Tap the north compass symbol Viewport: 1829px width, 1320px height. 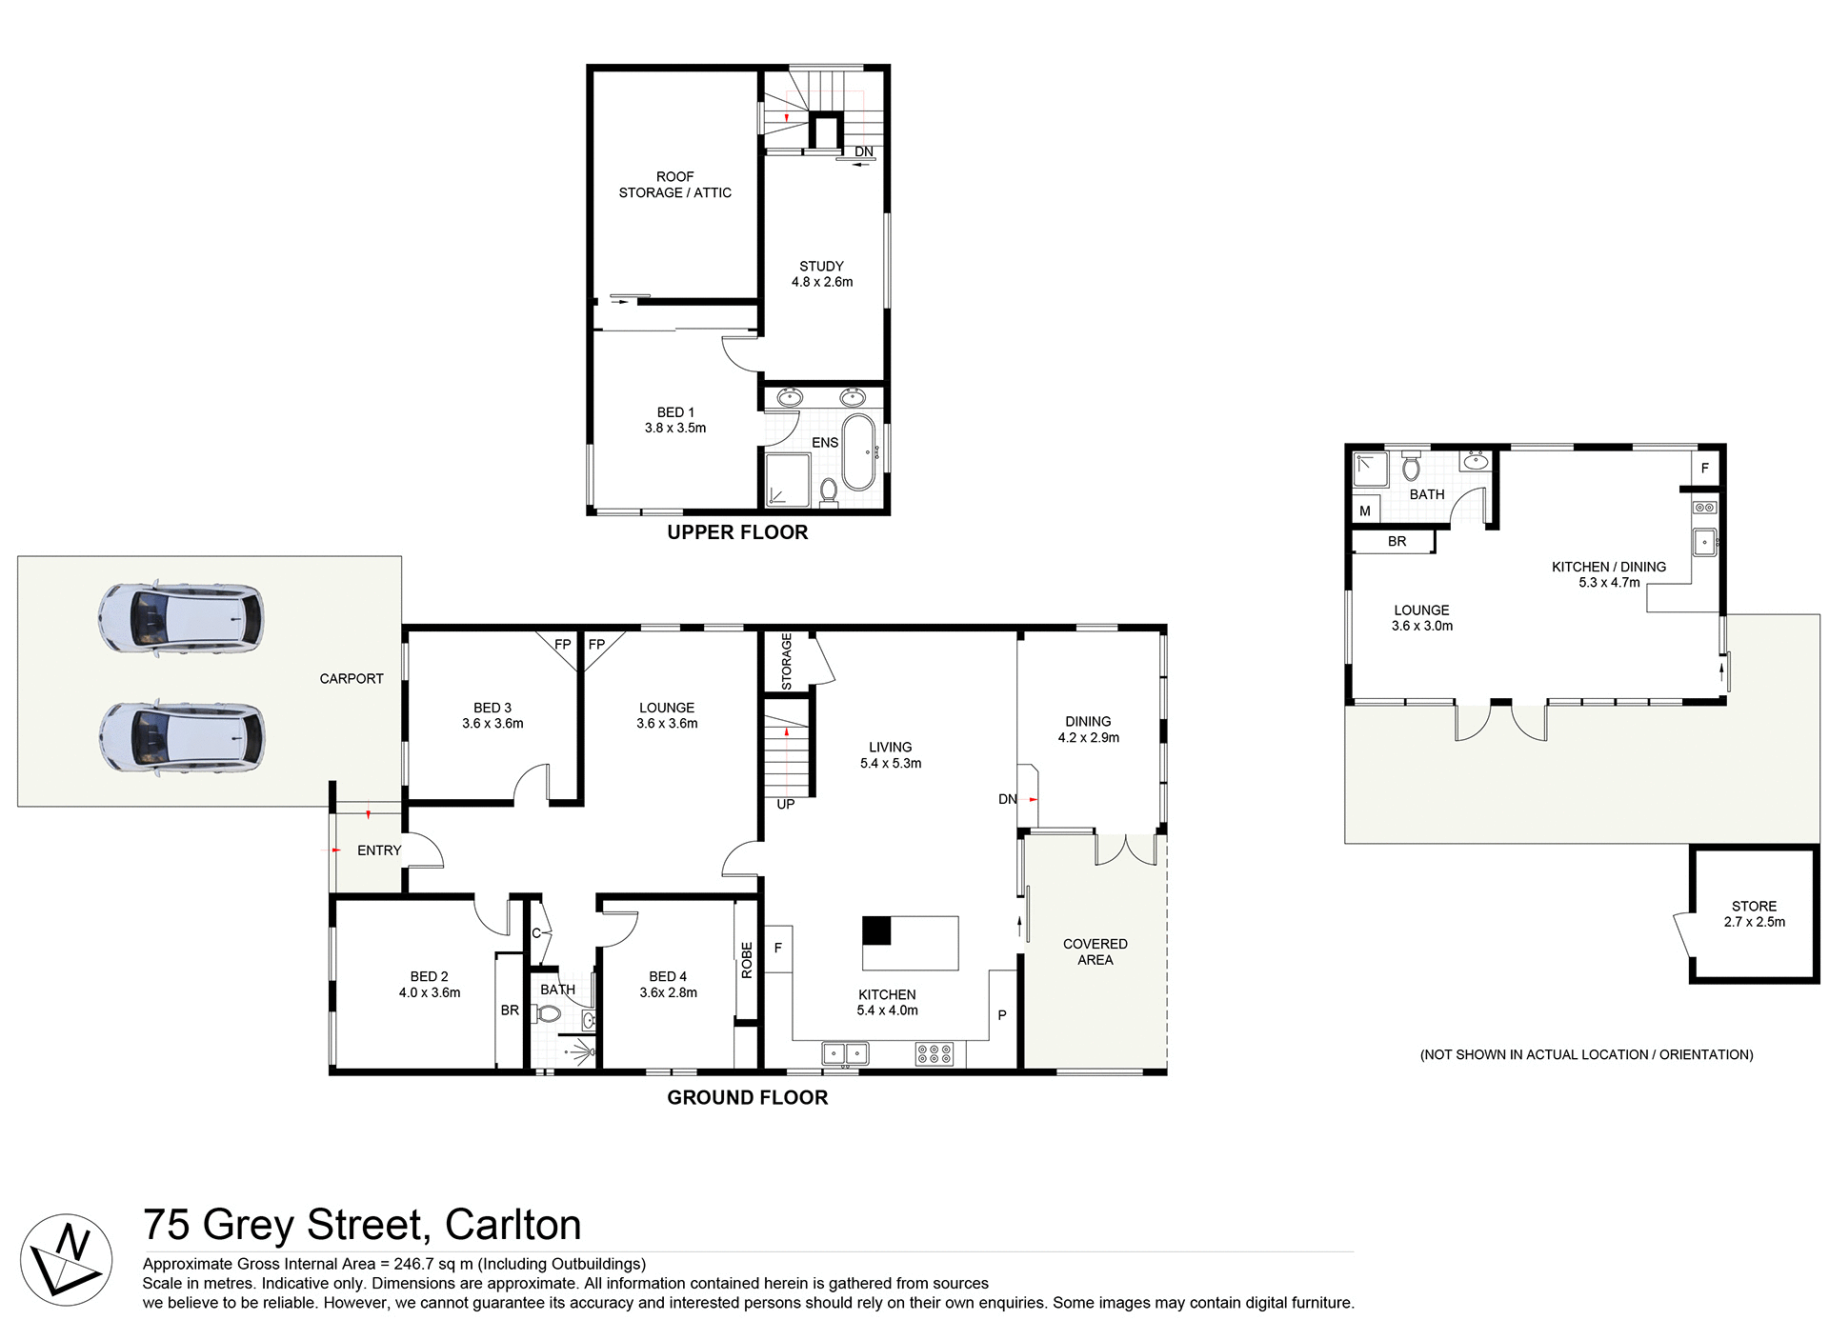point(66,1259)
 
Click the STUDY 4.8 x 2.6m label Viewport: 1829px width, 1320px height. point(821,274)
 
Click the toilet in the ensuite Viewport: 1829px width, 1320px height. point(828,491)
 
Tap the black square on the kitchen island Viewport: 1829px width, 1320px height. point(876,930)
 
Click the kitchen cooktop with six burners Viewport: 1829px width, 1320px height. point(934,1053)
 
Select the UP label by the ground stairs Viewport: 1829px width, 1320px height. point(786,805)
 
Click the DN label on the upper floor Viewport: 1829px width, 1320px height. point(863,152)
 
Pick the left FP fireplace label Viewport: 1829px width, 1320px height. point(563,645)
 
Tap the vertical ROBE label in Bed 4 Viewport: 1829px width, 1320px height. point(747,960)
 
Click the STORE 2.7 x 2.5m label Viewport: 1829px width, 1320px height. point(1754,914)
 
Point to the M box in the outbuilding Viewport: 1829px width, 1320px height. point(1365,511)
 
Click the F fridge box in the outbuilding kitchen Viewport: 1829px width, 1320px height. point(1705,468)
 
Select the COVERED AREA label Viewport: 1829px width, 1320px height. point(1095,951)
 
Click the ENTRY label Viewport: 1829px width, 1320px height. point(379,850)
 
